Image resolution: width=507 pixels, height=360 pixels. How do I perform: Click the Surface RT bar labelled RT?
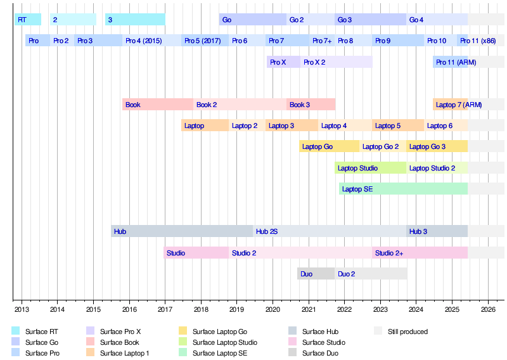[x=28, y=20]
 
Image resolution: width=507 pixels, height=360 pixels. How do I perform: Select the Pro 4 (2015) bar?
[x=151, y=41]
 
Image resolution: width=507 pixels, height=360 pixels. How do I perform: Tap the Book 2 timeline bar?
[x=240, y=105]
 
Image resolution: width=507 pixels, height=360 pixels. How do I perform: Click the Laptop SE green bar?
[x=403, y=189]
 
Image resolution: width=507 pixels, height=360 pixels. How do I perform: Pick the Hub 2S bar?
[x=329, y=231]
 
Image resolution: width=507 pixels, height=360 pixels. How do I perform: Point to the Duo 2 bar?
[x=371, y=274]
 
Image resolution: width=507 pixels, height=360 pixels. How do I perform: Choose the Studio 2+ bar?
[x=420, y=253]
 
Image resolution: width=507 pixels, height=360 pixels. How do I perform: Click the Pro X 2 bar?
[x=336, y=62]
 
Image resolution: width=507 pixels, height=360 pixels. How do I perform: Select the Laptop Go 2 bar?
[x=383, y=146]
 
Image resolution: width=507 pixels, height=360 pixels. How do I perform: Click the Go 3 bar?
[x=370, y=20]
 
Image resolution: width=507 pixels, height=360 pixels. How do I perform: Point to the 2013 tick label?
[x=21, y=310]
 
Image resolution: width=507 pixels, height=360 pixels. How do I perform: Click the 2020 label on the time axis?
[x=273, y=310]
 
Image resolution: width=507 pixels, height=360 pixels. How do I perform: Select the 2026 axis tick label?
[x=488, y=310]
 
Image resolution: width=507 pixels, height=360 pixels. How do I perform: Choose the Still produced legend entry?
[x=408, y=331]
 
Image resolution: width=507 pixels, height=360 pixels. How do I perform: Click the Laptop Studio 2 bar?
[x=437, y=168]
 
